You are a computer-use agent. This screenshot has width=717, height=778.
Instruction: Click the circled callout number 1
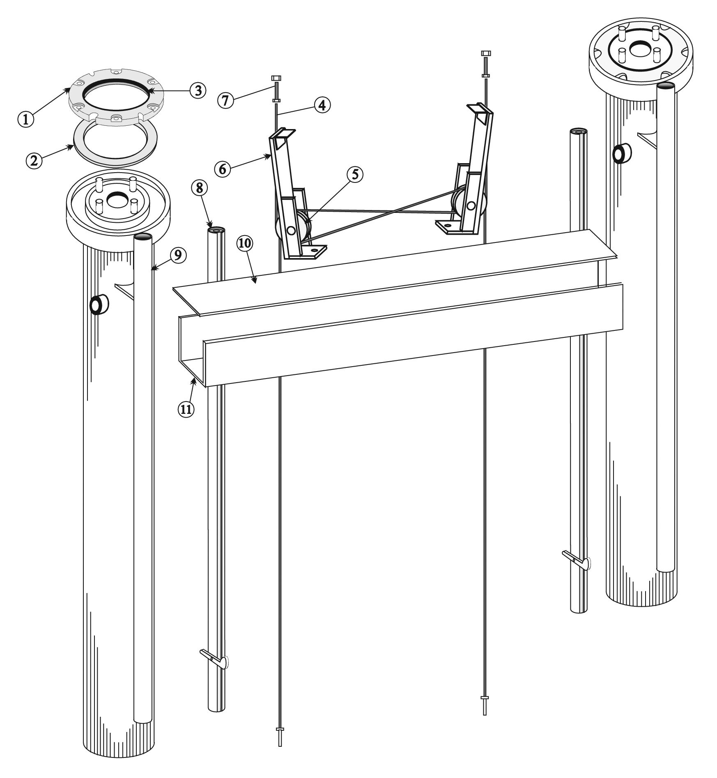[26, 119]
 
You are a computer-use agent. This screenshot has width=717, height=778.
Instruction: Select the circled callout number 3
[198, 90]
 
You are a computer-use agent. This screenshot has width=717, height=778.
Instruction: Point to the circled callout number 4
[322, 105]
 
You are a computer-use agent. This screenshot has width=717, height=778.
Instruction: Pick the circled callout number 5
[355, 174]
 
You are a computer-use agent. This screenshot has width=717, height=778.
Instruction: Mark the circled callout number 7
[226, 100]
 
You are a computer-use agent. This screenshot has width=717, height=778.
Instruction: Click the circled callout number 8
[199, 188]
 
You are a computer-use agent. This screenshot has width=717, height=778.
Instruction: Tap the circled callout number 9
[177, 255]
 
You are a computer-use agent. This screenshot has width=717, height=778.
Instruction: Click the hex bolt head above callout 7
[276, 78]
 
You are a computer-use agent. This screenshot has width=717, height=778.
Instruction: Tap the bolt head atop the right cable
[485, 54]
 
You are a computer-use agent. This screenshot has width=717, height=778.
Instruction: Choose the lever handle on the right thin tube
[576, 559]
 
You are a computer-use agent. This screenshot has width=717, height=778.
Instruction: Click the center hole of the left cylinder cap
[117, 200]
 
